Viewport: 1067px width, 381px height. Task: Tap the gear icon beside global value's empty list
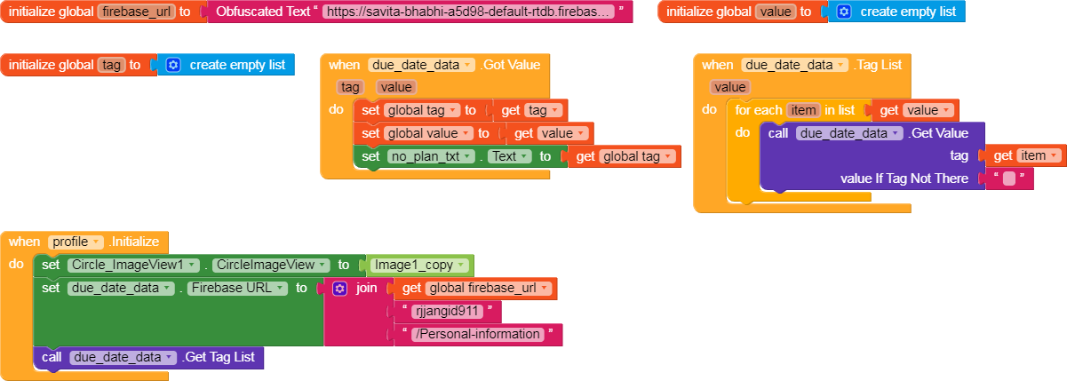click(843, 12)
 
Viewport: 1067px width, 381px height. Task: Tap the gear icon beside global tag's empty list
click(173, 65)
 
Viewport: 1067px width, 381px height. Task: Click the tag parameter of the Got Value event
click(351, 87)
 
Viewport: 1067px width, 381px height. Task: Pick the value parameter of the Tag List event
click(730, 87)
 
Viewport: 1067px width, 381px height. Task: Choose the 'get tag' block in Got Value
click(530, 110)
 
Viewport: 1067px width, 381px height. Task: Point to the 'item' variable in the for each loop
click(803, 110)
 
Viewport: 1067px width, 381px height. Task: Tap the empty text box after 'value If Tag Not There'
click(1009, 179)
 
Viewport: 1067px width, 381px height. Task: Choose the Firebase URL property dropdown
click(237, 288)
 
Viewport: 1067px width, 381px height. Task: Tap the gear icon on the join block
click(339, 288)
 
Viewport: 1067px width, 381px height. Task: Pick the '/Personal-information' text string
click(481, 334)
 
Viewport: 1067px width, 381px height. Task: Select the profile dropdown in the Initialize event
click(76, 242)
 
